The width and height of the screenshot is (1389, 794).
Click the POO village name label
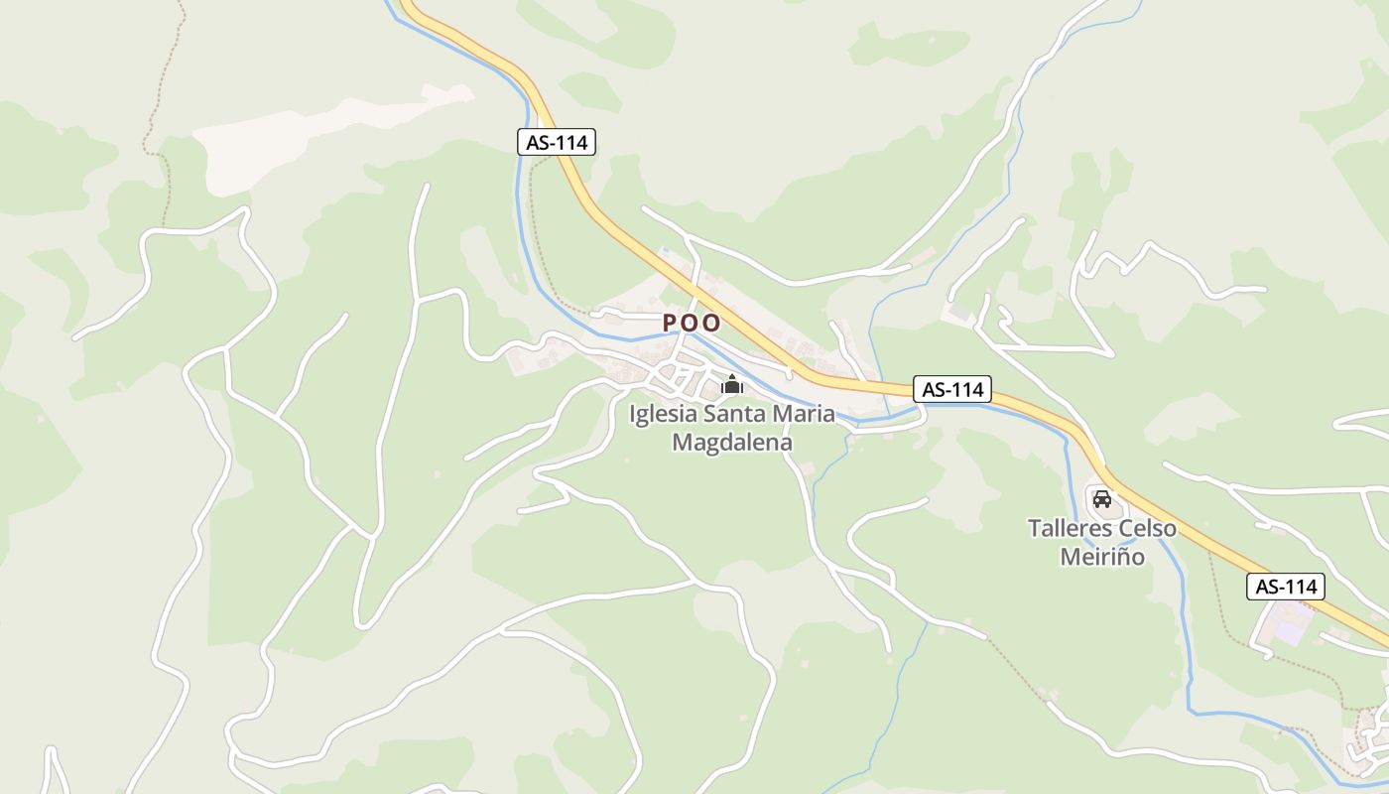coord(692,323)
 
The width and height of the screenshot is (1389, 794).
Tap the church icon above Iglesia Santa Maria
coord(732,384)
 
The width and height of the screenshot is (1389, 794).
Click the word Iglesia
coord(663,415)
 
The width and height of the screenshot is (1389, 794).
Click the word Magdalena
coord(732,443)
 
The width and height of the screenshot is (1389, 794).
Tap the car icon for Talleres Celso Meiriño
coord(1101,497)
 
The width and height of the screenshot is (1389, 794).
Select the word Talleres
coord(1067,528)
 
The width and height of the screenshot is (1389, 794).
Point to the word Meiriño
coord(1102,557)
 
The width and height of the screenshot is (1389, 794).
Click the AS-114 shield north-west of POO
coord(557,142)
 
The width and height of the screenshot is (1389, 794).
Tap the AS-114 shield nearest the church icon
coord(952,390)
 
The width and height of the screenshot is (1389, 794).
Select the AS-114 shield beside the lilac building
coord(1286,587)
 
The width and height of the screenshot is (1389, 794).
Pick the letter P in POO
coord(670,323)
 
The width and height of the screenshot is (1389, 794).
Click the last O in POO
coord(712,323)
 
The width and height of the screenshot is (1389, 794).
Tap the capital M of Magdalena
coord(682,443)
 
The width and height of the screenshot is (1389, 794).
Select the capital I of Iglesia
coord(633,415)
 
